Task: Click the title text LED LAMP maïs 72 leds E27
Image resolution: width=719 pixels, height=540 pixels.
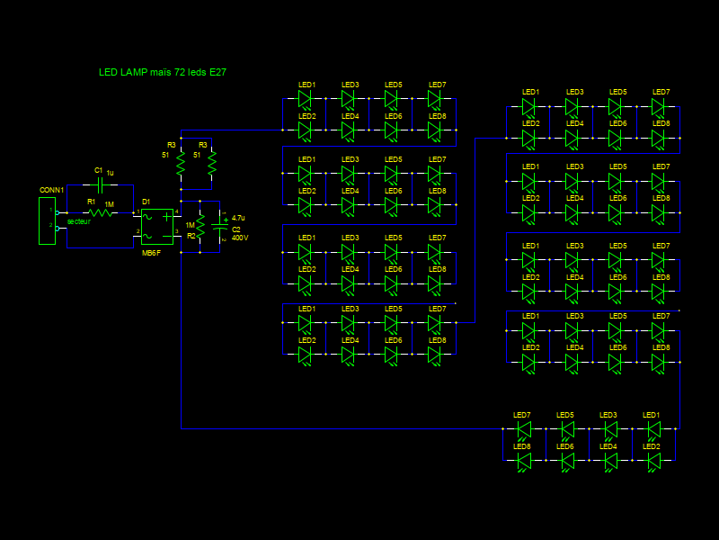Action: (x=162, y=71)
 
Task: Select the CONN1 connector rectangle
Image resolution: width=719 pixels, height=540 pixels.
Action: (x=46, y=220)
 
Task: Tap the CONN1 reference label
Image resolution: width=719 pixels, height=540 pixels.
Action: (x=51, y=191)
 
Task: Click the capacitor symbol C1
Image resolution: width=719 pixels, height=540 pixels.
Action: (x=101, y=184)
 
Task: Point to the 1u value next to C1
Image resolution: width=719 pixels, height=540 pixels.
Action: (x=111, y=173)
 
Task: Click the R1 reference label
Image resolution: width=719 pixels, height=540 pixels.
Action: (x=91, y=202)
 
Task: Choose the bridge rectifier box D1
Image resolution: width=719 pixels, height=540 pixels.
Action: (x=157, y=227)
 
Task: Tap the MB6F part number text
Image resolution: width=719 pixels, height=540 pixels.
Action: (x=151, y=253)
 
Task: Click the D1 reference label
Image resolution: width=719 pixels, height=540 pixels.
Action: (x=146, y=202)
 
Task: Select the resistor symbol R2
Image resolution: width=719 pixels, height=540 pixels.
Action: (x=201, y=227)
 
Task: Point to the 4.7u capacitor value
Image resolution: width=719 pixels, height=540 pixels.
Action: (x=237, y=218)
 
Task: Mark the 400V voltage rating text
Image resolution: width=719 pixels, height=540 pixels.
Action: (x=240, y=238)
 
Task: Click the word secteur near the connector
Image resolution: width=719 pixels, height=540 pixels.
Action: (x=79, y=221)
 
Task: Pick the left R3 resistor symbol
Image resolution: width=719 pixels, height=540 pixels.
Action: (x=181, y=164)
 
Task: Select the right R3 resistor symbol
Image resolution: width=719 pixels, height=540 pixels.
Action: (x=212, y=164)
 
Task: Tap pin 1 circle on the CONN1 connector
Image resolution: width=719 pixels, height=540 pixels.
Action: (x=58, y=213)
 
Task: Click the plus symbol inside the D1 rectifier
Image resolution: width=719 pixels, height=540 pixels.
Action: (x=166, y=217)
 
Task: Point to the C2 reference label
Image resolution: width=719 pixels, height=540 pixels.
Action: (x=236, y=229)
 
